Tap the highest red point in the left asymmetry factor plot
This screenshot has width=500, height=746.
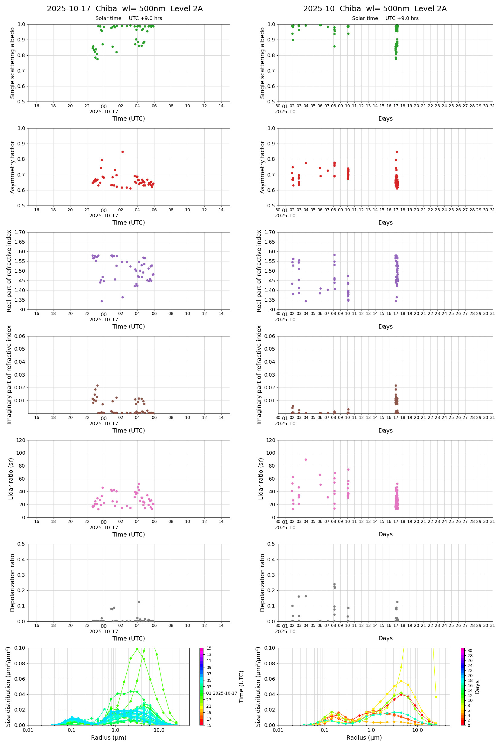point(122,152)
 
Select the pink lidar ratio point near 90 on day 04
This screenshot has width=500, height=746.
point(306,459)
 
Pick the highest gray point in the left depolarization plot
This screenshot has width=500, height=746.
point(139,602)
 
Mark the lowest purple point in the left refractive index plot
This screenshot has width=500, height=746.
point(102,301)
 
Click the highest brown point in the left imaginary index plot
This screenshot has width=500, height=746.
point(98,385)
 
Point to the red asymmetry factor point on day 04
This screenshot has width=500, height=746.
point(306,163)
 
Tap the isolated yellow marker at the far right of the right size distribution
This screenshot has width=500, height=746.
point(436,697)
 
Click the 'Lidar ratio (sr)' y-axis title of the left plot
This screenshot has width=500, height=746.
point(11,478)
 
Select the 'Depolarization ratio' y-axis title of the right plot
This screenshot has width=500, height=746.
point(262,582)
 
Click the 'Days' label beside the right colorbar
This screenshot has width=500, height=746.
point(477,687)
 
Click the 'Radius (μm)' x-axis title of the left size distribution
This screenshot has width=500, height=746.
point(109,738)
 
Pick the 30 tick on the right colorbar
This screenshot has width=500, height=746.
point(470,650)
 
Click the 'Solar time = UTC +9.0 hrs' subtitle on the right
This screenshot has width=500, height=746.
point(385,18)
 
